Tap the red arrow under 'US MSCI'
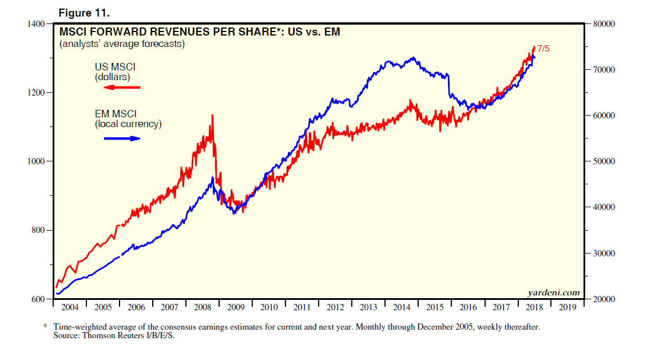pos(122,88)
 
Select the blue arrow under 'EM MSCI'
pos(122,138)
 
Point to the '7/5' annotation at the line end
pos(542,49)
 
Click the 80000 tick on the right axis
pos(603,24)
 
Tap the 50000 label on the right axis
pos(603,161)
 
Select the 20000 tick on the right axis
pos(603,299)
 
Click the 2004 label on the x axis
pos(70,307)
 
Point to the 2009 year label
pos(236,307)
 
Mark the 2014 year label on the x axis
pos(402,307)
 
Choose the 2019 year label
pos(567,307)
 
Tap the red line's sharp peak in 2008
pos(212,116)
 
